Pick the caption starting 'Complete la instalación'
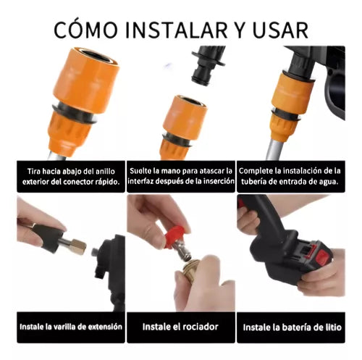tap(289, 175)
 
